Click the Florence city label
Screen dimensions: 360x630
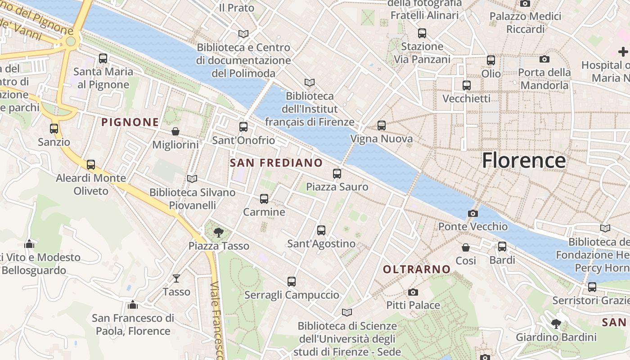point(524,161)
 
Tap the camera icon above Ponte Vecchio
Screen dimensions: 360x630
point(473,213)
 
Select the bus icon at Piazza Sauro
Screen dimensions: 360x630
point(337,174)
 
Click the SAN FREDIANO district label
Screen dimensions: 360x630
point(276,163)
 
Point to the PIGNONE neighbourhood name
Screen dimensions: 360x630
point(130,122)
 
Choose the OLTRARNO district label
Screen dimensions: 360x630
point(417,270)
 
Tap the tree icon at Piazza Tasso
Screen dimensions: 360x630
point(219,233)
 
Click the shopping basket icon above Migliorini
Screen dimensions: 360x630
point(175,131)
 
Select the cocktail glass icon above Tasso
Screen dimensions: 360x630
point(176,279)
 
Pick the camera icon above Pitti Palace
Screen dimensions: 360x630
point(413,292)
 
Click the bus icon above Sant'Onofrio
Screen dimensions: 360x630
point(243,127)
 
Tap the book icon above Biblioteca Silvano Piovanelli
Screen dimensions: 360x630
point(192,179)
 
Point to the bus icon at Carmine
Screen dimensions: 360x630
point(264,199)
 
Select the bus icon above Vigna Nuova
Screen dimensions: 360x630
point(382,126)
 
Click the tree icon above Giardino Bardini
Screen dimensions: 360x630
point(556,324)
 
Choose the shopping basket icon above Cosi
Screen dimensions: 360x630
point(466,247)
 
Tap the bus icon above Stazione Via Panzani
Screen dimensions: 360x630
point(422,33)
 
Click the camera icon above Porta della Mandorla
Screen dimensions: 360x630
point(544,59)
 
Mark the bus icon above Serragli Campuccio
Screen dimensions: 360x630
point(292,282)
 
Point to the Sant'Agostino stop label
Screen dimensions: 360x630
point(321,244)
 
